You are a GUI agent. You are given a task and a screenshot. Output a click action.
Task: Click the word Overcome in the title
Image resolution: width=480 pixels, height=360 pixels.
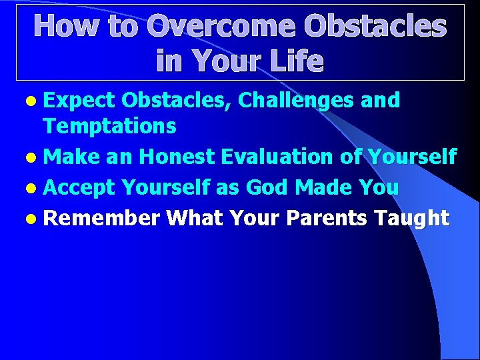(221, 27)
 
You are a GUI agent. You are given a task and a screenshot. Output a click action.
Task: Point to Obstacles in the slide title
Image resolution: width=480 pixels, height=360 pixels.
(375, 27)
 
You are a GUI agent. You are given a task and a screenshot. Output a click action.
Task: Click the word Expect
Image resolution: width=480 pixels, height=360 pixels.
(79, 101)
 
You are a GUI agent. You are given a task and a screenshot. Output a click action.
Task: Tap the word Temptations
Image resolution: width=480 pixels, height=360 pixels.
(109, 125)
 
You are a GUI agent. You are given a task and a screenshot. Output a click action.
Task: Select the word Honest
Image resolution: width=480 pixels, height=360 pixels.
(177, 157)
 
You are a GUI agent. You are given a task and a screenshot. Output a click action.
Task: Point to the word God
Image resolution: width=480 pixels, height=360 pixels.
(269, 188)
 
